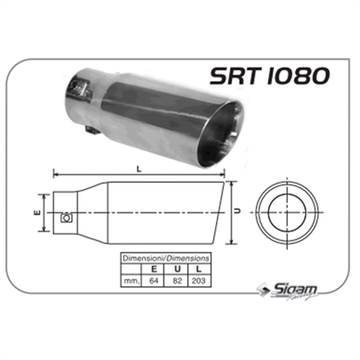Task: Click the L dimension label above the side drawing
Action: click(138, 166)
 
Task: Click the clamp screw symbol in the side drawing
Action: click(66, 216)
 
